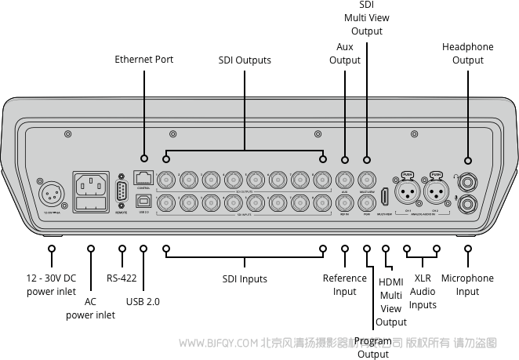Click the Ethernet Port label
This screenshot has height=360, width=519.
(143, 59)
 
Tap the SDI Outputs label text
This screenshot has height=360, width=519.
(244, 60)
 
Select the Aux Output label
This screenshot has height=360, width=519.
(345, 53)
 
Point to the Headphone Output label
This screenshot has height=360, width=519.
(467, 53)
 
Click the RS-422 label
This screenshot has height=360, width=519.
(122, 278)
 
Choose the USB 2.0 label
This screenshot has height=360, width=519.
(143, 301)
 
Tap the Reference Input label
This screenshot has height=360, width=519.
(344, 285)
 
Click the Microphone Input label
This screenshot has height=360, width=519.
(467, 285)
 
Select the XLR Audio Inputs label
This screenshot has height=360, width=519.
(423, 291)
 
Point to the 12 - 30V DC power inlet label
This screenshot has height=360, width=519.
(51, 285)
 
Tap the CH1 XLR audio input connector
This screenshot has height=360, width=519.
(408, 191)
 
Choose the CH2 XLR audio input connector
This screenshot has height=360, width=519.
(437, 191)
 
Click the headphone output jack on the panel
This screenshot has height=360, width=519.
(468, 180)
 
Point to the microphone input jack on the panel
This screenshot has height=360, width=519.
(468, 204)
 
